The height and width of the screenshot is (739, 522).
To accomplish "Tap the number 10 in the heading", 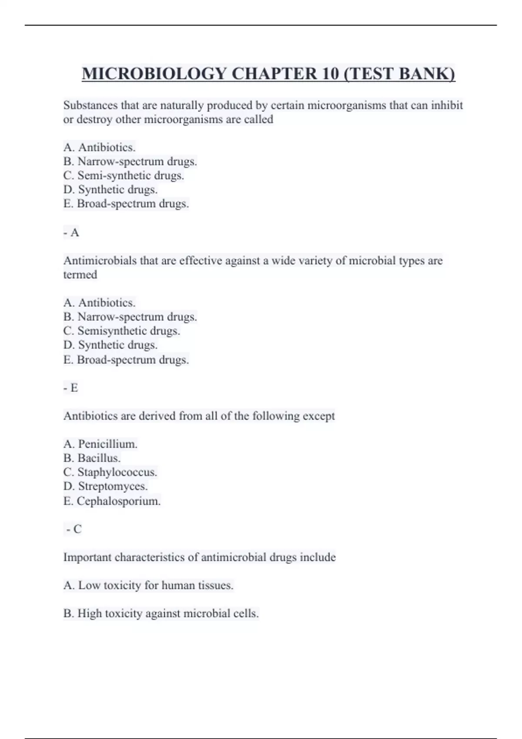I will (330, 73).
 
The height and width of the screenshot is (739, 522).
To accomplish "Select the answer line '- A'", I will (71, 233).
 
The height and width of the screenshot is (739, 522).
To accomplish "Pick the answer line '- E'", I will (71, 388).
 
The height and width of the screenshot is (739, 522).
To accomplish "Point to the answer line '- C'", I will (74, 529).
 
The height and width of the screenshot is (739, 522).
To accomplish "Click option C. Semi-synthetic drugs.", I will (124, 176).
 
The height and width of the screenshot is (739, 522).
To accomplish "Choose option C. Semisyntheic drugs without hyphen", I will (122, 331).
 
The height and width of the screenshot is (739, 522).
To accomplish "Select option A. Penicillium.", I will (100, 444).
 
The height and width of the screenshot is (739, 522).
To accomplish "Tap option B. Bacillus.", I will (92, 458).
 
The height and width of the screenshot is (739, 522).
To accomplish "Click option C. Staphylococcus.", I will (110, 472).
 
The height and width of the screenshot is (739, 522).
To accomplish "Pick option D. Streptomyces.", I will (106, 486).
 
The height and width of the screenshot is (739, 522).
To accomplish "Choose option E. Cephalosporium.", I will (112, 501).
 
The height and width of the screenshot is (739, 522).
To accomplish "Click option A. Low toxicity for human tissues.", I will (148, 586).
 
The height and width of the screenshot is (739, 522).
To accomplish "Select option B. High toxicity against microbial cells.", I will (161, 614).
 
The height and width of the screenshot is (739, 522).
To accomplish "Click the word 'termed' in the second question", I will (80, 275).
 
